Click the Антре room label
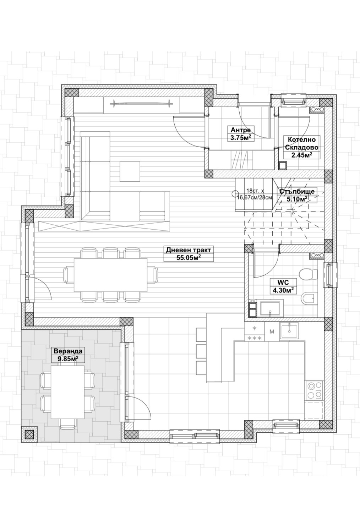[x=241, y=133]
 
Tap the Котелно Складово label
[x=301, y=147]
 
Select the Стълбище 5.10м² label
[x=297, y=195]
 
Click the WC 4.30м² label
[x=283, y=286]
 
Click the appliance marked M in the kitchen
[x=272, y=332]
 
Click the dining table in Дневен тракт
[x=110, y=275]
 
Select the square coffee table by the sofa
[x=130, y=171]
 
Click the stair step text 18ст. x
[x=255, y=191]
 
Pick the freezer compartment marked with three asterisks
[x=255, y=338]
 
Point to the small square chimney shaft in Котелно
[x=283, y=165]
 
